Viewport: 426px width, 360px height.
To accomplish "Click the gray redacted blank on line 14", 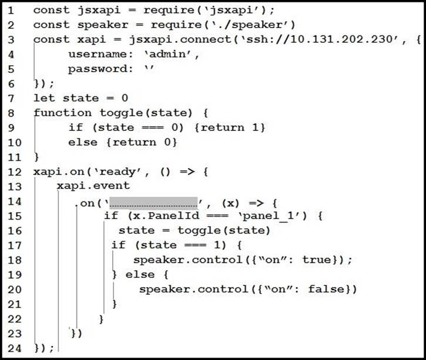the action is click(x=153, y=203).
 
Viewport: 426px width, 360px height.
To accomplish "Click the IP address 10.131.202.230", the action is click(x=342, y=39).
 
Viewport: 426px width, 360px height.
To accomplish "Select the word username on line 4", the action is click(x=98, y=54).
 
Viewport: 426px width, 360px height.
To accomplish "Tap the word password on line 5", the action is click(x=98, y=69).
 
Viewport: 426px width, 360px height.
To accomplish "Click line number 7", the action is click(x=11, y=98).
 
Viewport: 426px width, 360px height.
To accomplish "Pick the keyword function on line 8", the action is click(x=62, y=113).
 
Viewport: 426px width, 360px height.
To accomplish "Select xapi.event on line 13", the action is click(x=93, y=186).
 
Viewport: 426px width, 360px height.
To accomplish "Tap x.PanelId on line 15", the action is click(x=166, y=216).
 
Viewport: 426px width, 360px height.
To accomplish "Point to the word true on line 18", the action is click(x=317, y=260).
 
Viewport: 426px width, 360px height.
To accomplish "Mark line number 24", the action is click(x=15, y=348).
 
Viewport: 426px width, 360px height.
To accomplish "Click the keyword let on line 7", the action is click(x=44, y=98).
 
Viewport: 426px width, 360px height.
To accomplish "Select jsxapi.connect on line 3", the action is click(x=180, y=40).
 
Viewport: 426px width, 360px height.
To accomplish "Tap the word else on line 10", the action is click(x=83, y=142).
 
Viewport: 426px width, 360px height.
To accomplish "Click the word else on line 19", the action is click(x=140, y=274).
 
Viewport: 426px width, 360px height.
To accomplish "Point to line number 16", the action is click(x=15, y=231).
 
